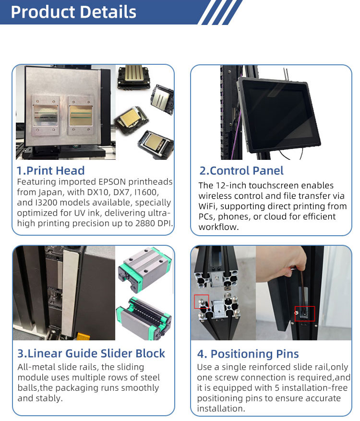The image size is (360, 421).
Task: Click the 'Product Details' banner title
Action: [73, 12]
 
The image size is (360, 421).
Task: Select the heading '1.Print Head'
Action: [51, 171]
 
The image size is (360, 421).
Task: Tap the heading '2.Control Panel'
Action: [241, 171]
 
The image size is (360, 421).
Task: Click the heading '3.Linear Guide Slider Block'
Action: [91, 353]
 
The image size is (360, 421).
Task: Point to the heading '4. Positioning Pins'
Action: [248, 354]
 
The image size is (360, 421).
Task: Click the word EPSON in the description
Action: [112, 182]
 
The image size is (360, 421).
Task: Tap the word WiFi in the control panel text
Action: [208, 206]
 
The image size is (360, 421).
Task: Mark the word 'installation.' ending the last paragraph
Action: [221, 409]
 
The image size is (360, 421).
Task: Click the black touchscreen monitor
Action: [279, 116]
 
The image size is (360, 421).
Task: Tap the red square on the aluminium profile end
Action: [201, 302]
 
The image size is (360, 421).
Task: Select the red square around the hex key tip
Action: [305, 313]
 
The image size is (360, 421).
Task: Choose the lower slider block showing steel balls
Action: [144, 318]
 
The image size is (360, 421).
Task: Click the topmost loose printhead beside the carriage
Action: [133, 77]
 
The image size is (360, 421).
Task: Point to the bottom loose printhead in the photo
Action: [156, 144]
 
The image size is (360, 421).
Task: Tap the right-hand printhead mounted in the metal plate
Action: [81, 116]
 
